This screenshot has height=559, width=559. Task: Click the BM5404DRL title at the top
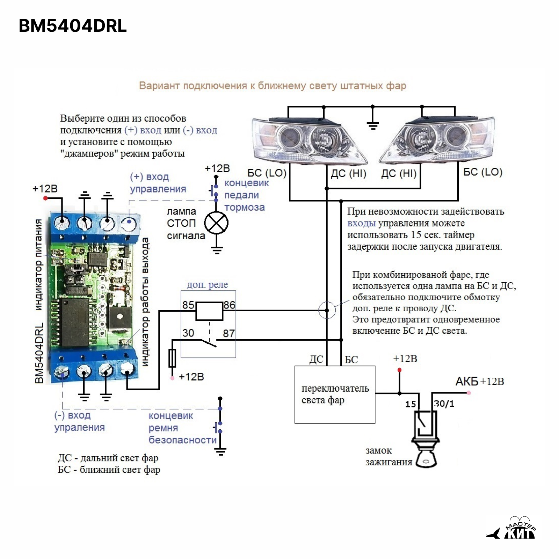point(73,26)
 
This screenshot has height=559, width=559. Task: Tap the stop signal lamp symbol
point(216,223)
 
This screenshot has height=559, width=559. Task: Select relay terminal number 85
point(188,305)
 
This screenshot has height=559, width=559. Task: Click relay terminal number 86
point(229,305)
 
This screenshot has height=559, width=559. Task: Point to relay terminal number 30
point(188,333)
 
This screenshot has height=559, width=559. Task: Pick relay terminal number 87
point(229,333)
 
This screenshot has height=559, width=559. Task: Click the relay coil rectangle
point(209,311)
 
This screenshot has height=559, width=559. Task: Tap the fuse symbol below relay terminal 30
point(172,358)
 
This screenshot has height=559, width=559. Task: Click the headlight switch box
point(335,394)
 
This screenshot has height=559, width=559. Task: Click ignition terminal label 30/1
point(444,404)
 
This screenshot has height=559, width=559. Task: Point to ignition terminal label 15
point(411,404)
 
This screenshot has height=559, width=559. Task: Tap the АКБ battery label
point(466,382)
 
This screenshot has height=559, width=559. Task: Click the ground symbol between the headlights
point(373,125)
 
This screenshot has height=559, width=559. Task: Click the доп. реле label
point(207,285)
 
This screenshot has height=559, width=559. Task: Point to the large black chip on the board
point(74,322)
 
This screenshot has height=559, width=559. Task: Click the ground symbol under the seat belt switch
point(220,452)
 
